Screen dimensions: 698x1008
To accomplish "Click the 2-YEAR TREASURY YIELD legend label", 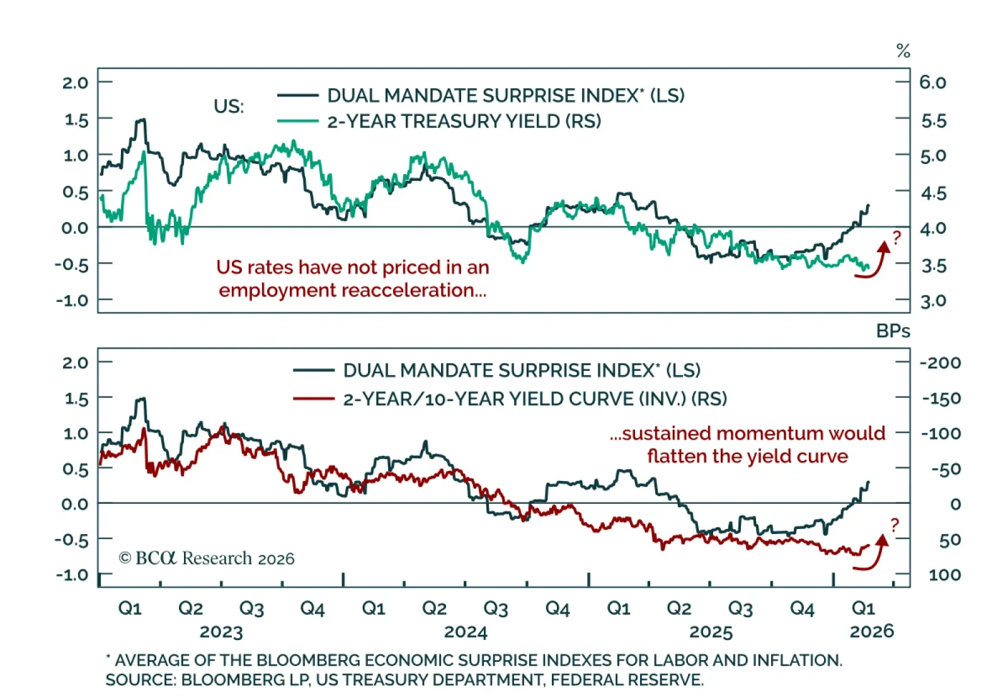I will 464,121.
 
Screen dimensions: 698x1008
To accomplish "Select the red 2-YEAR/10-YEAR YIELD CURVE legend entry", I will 534,399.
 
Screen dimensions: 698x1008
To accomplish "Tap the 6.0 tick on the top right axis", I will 932,83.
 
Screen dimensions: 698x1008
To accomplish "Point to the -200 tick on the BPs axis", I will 940,363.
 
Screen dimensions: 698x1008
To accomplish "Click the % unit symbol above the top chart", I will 903,51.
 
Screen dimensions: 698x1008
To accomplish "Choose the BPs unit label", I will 893,331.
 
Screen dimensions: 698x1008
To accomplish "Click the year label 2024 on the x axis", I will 466,632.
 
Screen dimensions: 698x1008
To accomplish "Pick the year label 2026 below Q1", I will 871,632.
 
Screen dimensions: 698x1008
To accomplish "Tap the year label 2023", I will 221,632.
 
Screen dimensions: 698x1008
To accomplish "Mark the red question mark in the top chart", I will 896,238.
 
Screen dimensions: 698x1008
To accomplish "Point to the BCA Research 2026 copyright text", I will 207,559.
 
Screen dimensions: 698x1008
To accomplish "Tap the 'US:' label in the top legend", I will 229,107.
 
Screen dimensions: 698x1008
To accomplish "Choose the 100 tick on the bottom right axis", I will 944,575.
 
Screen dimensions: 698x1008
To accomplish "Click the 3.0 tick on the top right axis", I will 933,301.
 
